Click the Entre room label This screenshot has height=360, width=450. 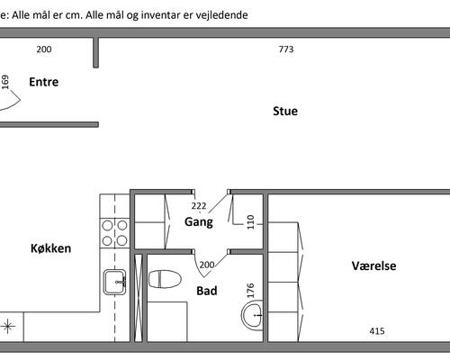point(44,82)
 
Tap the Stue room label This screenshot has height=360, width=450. point(285,111)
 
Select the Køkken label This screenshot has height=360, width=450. point(51,248)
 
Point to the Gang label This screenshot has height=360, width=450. point(199,222)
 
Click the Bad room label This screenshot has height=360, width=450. point(207,291)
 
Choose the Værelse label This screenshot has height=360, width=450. point(373,265)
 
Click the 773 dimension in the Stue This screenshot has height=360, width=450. point(286,49)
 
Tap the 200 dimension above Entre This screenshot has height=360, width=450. point(44,49)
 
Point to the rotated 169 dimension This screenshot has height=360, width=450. point(5,82)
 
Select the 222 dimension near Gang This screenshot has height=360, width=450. point(199,206)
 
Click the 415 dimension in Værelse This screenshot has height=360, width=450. point(377,331)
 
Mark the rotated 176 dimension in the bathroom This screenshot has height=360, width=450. point(250,291)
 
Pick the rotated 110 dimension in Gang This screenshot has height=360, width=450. point(250,222)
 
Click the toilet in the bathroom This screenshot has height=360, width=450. point(165,279)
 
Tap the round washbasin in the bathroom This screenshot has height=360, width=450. point(252,316)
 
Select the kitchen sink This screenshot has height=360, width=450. point(115,282)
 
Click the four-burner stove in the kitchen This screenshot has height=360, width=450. point(114,233)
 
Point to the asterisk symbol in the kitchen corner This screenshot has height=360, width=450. point(8,326)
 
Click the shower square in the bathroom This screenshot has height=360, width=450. point(167,321)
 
